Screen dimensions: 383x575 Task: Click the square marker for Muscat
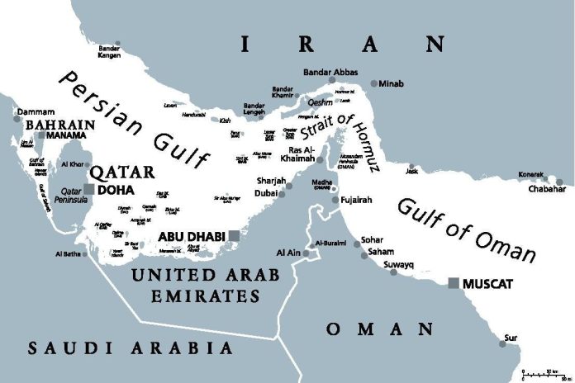coord(453,283)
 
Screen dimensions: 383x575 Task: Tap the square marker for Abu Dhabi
coord(235,235)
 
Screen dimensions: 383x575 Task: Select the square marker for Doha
coord(89,189)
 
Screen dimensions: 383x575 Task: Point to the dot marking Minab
coord(375,83)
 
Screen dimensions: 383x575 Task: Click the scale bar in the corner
coord(547,373)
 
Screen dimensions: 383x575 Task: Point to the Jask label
coord(411,171)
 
